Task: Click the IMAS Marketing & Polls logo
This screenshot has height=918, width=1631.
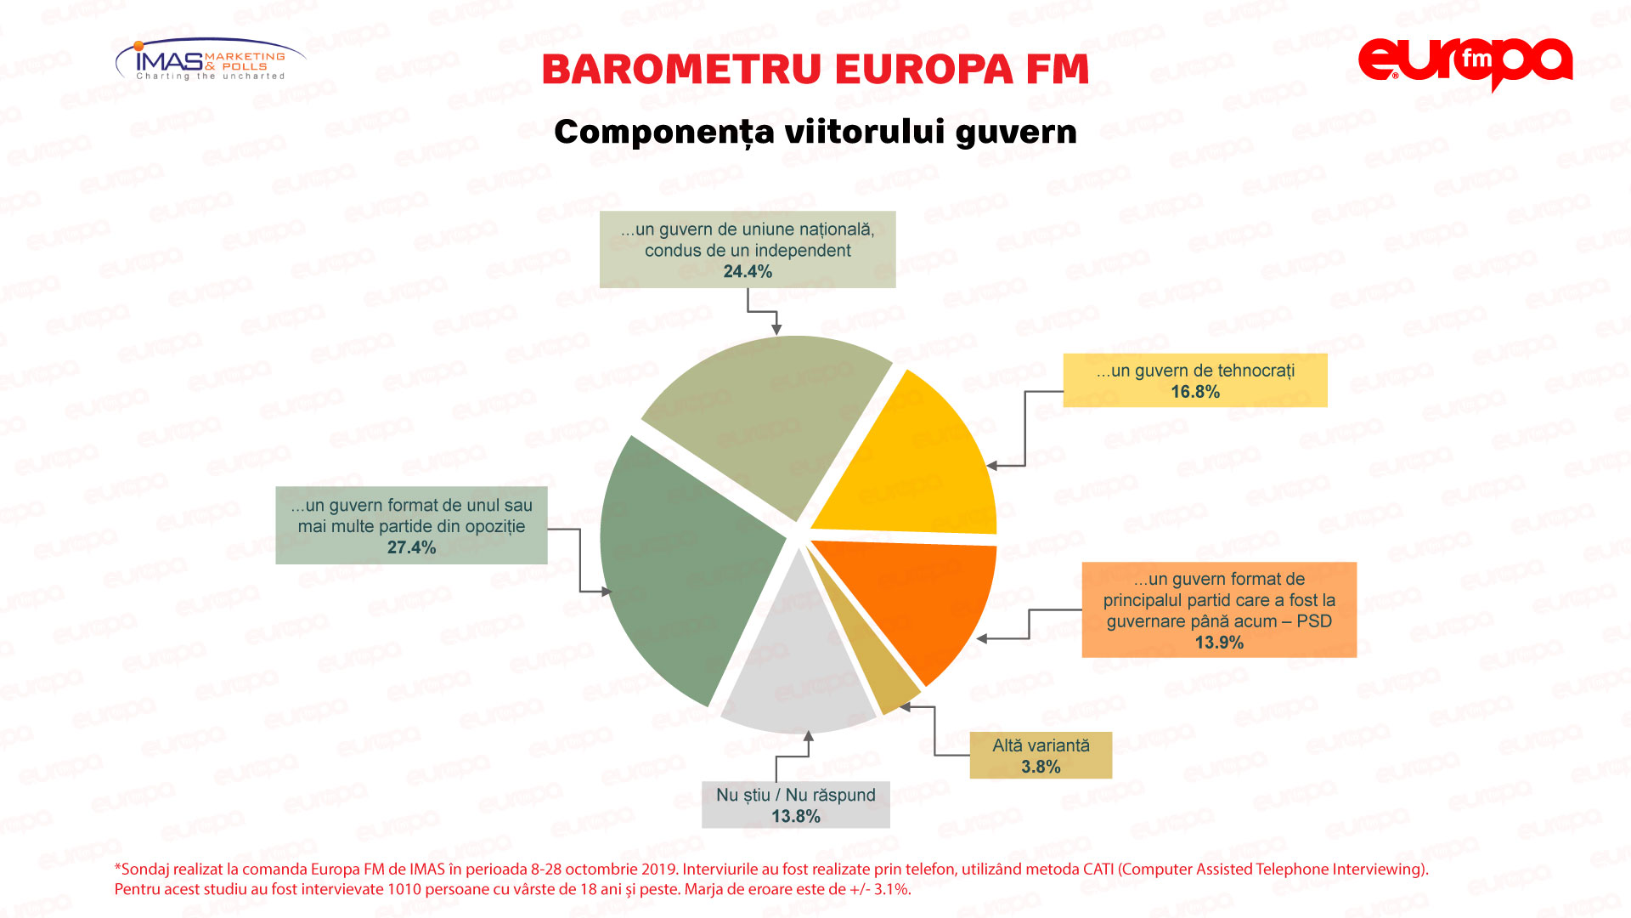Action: click(211, 59)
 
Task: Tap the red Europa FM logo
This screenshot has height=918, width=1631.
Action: click(1465, 64)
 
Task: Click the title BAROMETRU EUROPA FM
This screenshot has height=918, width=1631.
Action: click(815, 70)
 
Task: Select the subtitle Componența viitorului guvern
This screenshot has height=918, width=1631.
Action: click(815, 133)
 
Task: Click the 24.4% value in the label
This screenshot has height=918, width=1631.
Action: click(748, 272)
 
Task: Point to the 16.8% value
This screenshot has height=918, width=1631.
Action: click(1195, 392)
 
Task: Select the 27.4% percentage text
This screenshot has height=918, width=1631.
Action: click(411, 547)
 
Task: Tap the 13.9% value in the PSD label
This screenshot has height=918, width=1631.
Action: click(1219, 643)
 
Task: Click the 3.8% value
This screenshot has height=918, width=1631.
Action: click(1041, 767)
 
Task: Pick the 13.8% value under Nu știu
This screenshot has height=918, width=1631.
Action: click(796, 816)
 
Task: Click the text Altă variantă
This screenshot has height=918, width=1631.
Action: click(1041, 745)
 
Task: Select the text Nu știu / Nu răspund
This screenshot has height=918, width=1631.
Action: click(796, 795)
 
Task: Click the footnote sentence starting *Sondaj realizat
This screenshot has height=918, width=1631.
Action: click(771, 870)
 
